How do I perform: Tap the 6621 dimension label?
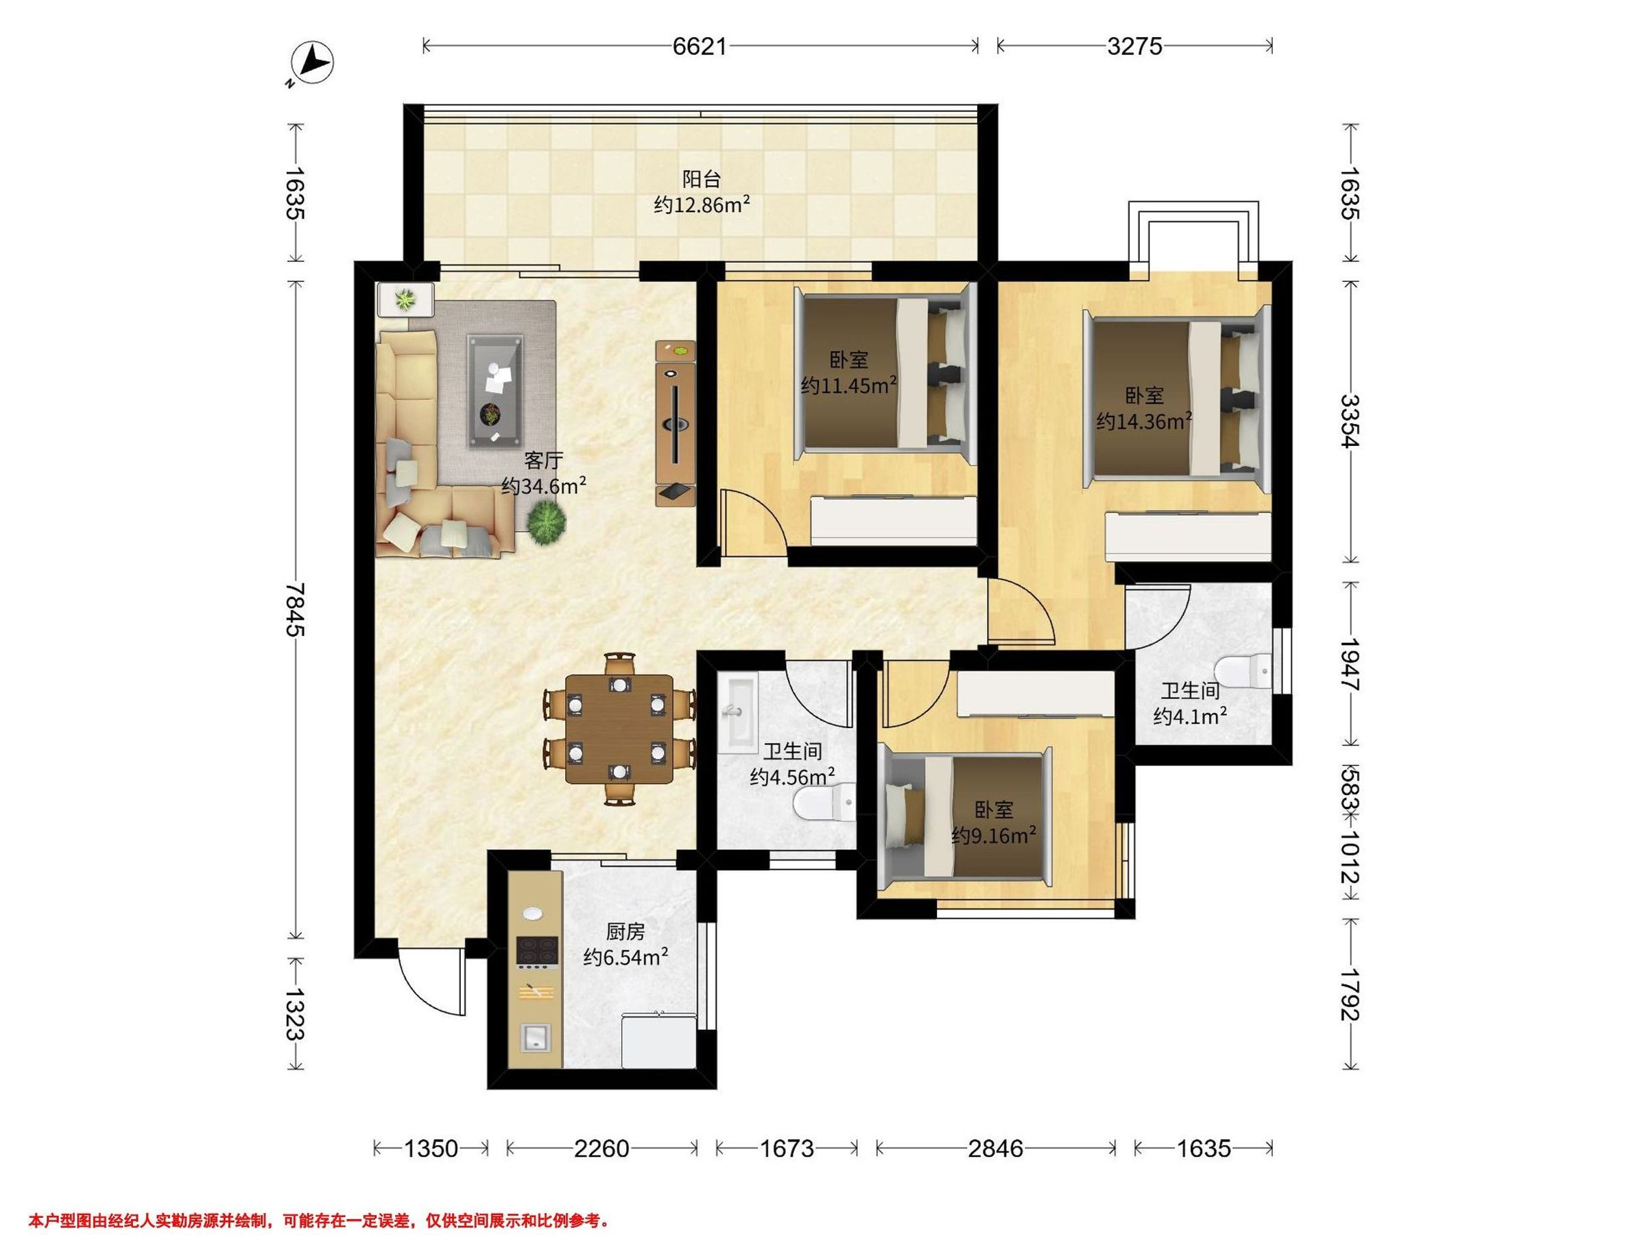pyautogui.click(x=700, y=46)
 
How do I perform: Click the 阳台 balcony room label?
pyautogui.click(x=702, y=179)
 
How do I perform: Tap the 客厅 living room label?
pyautogui.click(x=544, y=461)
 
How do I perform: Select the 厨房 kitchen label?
pyautogui.click(x=625, y=931)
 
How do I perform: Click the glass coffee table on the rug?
pyautogui.click(x=495, y=392)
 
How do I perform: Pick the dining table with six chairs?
pyautogui.click(x=619, y=729)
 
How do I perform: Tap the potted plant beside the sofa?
pyautogui.click(x=547, y=522)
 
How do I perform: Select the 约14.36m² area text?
pyautogui.click(x=1144, y=421)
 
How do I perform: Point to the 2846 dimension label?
pyautogui.click(x=995, y=1149)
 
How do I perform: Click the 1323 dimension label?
pyautogui.click(x=296, y=1013)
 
